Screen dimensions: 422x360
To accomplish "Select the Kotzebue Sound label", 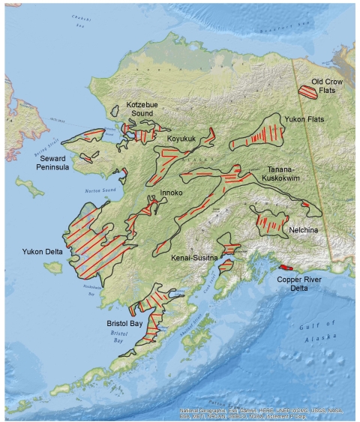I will pos(139,109).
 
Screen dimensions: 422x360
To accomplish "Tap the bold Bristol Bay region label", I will pos(124,322).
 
